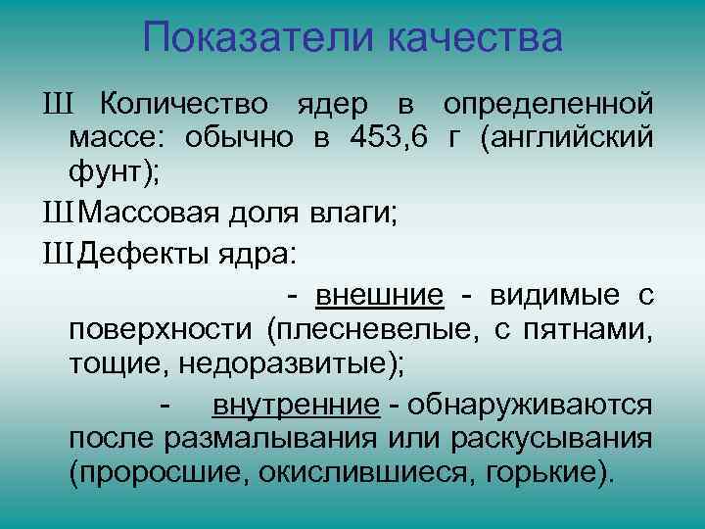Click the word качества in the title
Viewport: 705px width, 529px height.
pyautogui.click(x=474, y=38)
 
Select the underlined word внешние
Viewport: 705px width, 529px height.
pyautogui.click(x=380, y=296)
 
